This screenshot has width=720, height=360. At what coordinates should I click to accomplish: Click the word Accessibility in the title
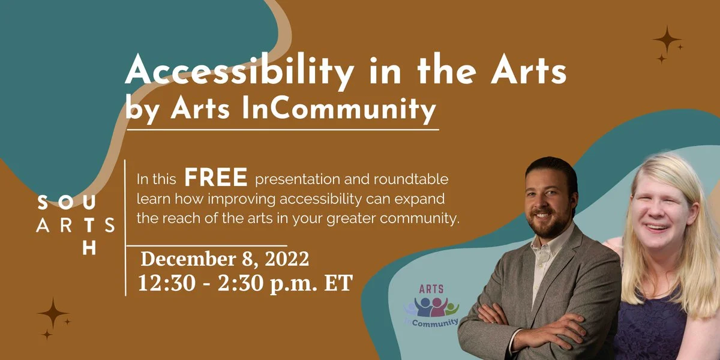click(x=239, y=71)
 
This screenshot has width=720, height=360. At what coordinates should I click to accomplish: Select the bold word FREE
click(x=215, y=177)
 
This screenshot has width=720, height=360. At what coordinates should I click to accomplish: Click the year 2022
click(x=287, y=259)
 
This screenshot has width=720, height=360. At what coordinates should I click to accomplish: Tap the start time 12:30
click(x=167, y=283)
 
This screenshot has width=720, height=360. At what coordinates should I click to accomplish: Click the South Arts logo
click(x=76, y=226)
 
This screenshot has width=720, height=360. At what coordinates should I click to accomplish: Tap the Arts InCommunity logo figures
click(x=431, y=307)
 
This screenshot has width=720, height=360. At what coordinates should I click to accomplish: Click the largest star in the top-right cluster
click(x=667, y=40)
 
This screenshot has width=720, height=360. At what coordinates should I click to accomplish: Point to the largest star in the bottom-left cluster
click(x=53, y=313)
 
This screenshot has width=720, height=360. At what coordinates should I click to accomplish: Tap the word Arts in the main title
click(x=528, y=71)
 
